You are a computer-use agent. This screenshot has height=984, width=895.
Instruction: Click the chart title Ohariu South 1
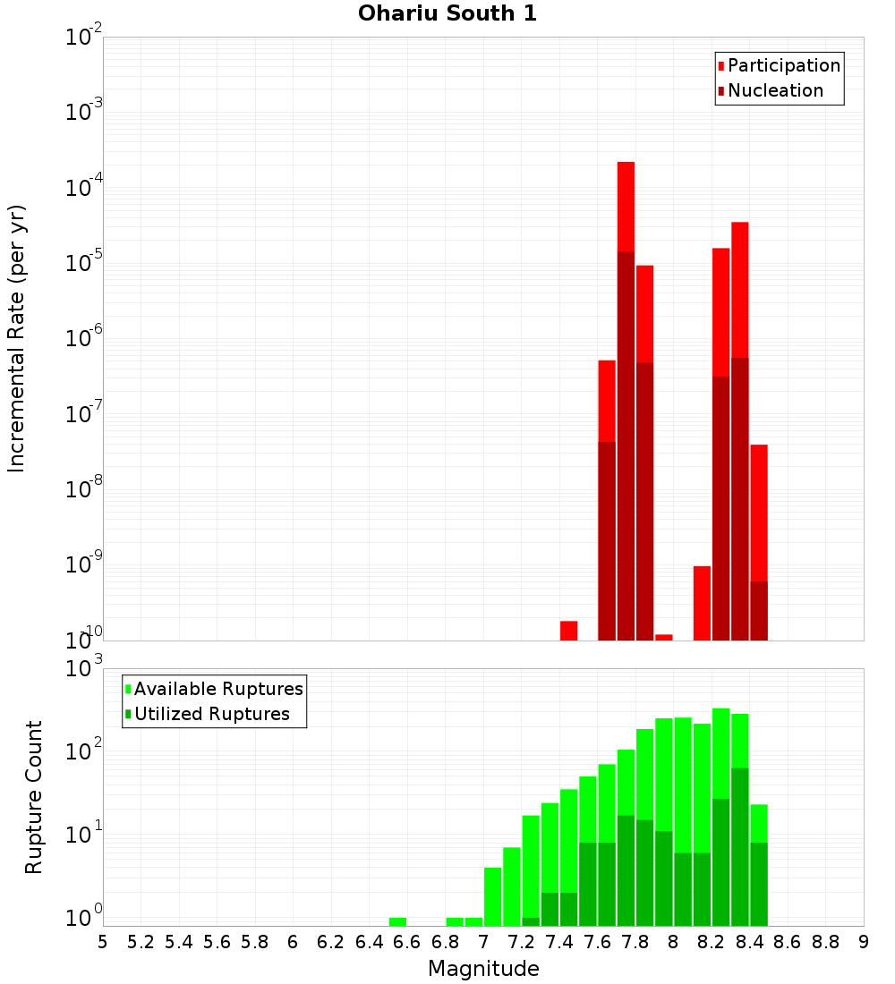coord(447,14)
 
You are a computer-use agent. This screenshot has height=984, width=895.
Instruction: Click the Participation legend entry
coord(784,66)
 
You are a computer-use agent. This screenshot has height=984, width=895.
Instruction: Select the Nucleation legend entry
coord(775,91)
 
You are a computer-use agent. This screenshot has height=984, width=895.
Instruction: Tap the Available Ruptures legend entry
coord(218,690)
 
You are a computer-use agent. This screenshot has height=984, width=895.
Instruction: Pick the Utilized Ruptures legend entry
coord(211,715)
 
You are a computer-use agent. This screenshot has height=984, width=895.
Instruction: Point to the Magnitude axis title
coord(483,969)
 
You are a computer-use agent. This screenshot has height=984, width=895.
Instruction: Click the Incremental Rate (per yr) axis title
coord(16,338)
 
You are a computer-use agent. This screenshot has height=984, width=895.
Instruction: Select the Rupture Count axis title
coord(34,797)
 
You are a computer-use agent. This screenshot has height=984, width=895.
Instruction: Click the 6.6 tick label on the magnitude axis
coord(407,942)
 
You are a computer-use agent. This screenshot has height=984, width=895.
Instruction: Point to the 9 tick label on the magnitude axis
coord(864,942)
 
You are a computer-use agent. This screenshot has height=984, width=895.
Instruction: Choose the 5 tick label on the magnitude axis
coord(103,942)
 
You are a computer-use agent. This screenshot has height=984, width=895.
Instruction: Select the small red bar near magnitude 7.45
coord(568,631)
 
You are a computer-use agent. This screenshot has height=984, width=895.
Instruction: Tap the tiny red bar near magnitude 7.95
coord(663,637)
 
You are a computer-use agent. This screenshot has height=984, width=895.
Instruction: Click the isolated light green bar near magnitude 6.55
coord(397,921)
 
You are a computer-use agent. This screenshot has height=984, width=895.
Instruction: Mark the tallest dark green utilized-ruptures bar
coord(739,845)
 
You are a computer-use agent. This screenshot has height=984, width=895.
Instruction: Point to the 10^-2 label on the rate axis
coord(84,38)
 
